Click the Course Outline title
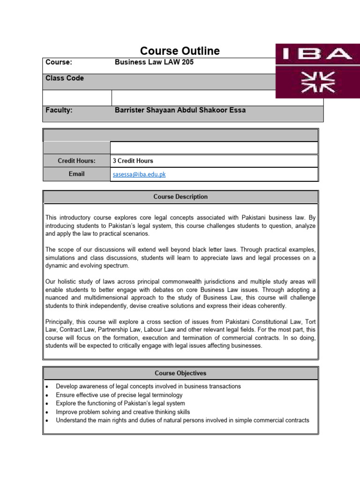click(x=180, y=51)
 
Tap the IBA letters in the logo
click(x=314, y=54)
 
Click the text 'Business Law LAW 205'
click(x=154, y=62)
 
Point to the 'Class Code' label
click(x=65, y=78)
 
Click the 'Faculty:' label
click(x=59, y=110)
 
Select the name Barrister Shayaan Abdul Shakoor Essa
click(x=180, y=110)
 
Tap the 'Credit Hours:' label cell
click(x=76, y=161)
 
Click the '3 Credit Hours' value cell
click(x=133, y=161)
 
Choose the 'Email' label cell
click(x=76, y=174)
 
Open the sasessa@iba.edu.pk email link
click(x=139, y=174)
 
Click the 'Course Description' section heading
click(x=180, y=197)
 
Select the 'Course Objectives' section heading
click(x=180, y=373)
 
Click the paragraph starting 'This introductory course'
click(x=180, y=225)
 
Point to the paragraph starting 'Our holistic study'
click(x=180, y=293)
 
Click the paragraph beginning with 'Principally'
click(x=180, y=334)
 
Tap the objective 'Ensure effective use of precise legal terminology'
click(x=119, y=395)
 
